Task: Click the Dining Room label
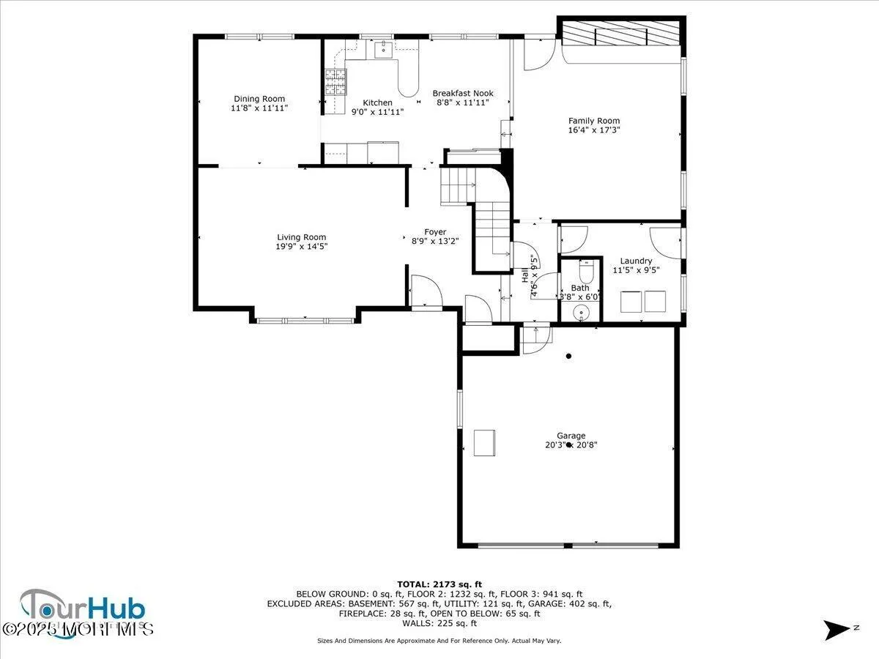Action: (259, 99)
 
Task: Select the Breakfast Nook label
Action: (462, 93)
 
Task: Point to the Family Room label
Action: (594, 121)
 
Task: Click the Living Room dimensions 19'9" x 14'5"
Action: (301, 247)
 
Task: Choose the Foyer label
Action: (435, 232)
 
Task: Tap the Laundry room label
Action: (636, 261)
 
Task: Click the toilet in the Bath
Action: (585, 274)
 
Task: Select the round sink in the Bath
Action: (582, 313)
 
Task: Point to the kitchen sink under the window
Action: (383, 50)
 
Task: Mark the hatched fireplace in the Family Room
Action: (622, 34)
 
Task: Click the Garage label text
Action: (570, 436)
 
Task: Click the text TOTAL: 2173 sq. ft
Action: (439, 584)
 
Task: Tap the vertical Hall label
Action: (525, 275)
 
